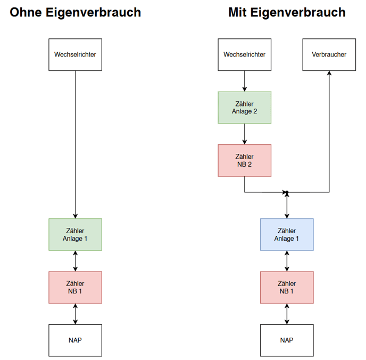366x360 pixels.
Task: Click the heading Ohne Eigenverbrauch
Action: pyautogui.click(x=75, y=13)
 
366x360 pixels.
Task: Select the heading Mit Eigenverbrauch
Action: pyautogui.click(x=287, y=13)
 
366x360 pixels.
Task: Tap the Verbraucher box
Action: pyautogui.click(x=329, y=55)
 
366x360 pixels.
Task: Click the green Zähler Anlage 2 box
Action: pyautogui.click(x=244, y=108)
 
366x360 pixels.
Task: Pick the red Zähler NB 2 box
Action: pyautogui.click(x=244, y=160)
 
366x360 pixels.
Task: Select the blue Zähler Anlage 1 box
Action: pyautogui.click(x=287, y=234)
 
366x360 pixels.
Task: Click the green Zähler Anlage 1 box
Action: pyautogui.click(x=75, y=234)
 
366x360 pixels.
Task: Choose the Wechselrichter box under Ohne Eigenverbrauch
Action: pyautogui.click(x=75, y=55)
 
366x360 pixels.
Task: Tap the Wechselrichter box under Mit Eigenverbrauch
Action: pyautogui.click(x=244, y=55)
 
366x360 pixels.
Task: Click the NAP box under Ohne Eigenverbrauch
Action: pyautogui.click(x=75, y=340)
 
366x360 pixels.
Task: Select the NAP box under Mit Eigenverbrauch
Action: pyautogui.click(x=287, y=340)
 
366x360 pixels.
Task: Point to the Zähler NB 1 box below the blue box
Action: pyautogui.click(x=287, y=288)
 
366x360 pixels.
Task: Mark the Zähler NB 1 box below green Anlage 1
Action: pyautogui.click(x=75, y=288)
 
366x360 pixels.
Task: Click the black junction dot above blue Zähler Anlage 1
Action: pyautogui.click(x=287, y=192)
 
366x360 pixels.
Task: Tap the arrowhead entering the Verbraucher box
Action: pyautogui.click(x=329, y=73)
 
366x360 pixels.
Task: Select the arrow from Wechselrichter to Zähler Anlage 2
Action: pyautogui.click(x=244, y=81)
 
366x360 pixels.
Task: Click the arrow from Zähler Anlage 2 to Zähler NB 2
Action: pyautogui.click(x=244, y=134)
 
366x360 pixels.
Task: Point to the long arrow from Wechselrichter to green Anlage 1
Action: pyautogui.click(x=75, y=145)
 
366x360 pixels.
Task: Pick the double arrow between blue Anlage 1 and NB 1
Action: pyautogui.click(x=287, y=261)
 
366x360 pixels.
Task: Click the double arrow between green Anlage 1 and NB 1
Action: pyautogui.click(x=75, y=261)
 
